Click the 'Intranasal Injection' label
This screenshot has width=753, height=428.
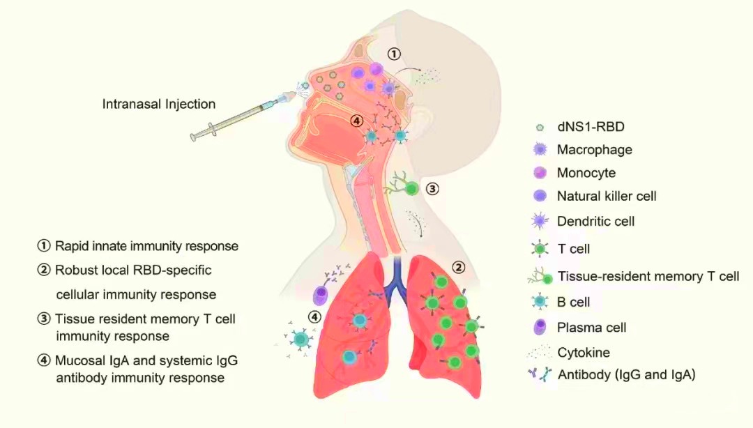pyautogui.click(x=159, y=104)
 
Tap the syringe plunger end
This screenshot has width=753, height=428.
pyautogui.click(x=194, y=137)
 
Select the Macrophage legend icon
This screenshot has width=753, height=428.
pyautogui.click(x=540, y=149)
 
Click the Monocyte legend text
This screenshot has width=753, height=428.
pyautogui.click(x=586, y=173)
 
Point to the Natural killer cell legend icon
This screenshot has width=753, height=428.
pyautogui.click(x=540, y=195)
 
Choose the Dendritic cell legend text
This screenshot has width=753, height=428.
pyautogui.click(x=595, y=221)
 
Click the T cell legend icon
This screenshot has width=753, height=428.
pyautogui.click(x=540, y=249)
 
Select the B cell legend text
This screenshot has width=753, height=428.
pyautogui.click(x=573, y=302)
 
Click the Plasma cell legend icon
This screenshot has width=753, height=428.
pyautogui.click(x=540, y=327)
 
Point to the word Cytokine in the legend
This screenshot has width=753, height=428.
pyautogui.click(x=584, y=352)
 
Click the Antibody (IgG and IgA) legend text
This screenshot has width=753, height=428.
pyautogui.click(x=626, y=375)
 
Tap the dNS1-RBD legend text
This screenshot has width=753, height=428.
pyautogui.click(x=591, y=127)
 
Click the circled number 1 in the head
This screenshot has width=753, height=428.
pyautogui.click(x=394, y=54)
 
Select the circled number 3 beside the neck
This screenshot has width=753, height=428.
pyautogui.click(x=432, y=189)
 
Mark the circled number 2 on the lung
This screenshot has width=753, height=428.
pyautogui.click(x=459, y=267)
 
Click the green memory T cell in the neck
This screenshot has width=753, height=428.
pyautogui.click(x=411, y=189)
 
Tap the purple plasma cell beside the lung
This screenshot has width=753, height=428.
pyautogui.click(x=319, y=294)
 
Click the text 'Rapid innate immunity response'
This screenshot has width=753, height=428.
pyautogui.click(x=146, y=246)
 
